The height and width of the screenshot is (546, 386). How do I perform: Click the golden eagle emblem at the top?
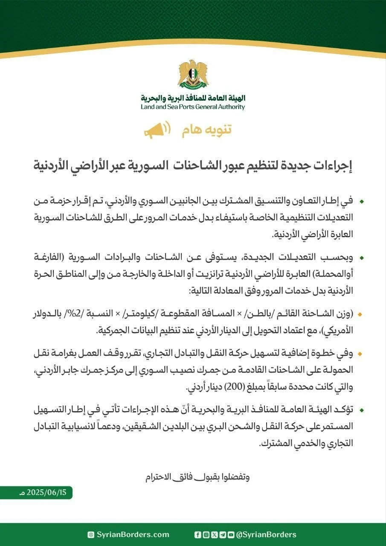(193, 75)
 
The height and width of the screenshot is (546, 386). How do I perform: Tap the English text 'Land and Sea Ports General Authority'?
(193, 107)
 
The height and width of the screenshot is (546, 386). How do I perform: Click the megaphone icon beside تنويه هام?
(157, 130)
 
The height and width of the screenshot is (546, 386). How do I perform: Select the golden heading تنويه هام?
(207, 130)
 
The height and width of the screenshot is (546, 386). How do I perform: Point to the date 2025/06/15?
(46, 492)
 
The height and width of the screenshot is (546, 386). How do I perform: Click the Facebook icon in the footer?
(197, 534)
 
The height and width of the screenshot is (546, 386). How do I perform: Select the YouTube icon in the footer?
(231, 534)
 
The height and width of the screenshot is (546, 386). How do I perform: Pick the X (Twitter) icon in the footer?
(214, 534)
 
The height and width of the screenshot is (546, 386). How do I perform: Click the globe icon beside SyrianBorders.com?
(90, 534)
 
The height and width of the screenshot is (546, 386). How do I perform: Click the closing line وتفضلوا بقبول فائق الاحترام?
(197, 476)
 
